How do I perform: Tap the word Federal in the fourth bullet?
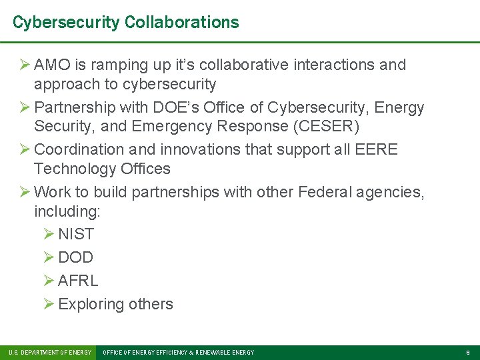point(327,193)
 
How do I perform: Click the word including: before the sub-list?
point(67,212)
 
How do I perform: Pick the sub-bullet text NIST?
point(76,234)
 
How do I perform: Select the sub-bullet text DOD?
point(76,257)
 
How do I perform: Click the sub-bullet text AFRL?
point(78,281)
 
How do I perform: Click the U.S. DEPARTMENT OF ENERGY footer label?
point(50,352)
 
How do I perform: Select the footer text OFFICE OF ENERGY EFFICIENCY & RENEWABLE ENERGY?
point(178,352)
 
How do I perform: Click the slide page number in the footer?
point(467,352)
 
